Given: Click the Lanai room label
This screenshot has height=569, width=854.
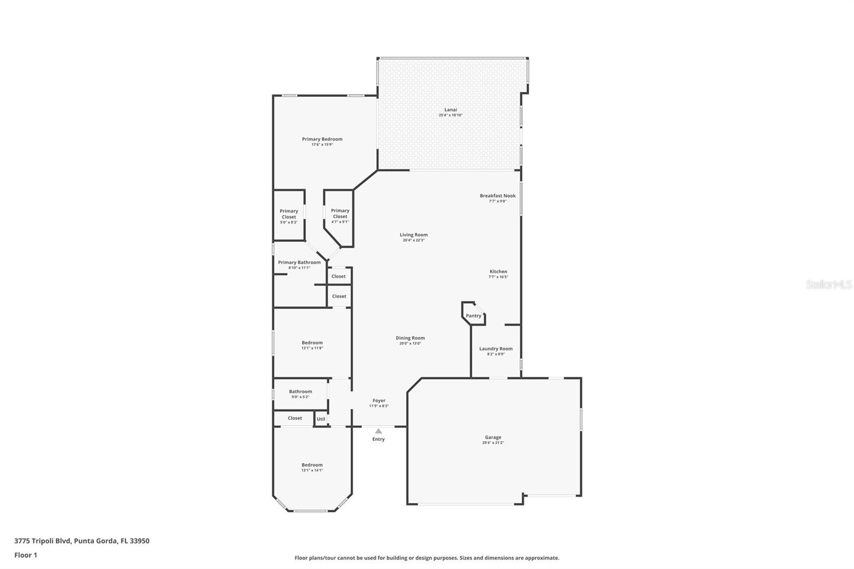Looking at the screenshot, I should point(450,110).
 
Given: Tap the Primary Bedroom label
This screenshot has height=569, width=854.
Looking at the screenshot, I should point(322,139).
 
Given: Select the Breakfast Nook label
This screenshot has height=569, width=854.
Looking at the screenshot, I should point(497,196).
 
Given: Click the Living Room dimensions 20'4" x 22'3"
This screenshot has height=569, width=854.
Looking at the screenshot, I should point(414,240).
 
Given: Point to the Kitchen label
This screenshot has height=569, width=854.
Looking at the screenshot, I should point(498,272).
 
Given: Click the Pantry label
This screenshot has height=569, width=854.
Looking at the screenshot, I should point(473,316).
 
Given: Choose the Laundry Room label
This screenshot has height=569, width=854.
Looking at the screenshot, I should point(495,349).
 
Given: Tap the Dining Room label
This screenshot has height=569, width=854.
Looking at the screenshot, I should point(410,338).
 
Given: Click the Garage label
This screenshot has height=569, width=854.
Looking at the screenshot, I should point(493,438).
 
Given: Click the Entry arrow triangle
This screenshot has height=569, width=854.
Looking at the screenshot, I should point(378,431).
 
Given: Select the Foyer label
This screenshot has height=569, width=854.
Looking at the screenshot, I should point(378,401).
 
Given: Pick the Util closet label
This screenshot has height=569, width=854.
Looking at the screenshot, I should point(321,419).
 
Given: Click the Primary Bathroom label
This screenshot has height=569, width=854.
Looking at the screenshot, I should point(299,263).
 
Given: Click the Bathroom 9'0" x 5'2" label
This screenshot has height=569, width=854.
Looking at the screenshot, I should point(301,392).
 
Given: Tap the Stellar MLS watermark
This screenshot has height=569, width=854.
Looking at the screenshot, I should point(828,285).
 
